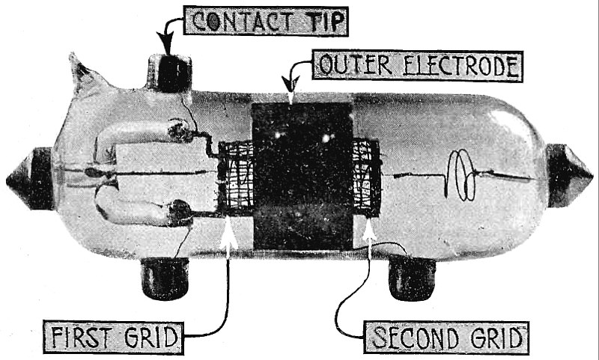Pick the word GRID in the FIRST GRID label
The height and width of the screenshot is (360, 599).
(x=154, y=338)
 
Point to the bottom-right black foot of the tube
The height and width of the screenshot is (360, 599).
(x=411, y=279)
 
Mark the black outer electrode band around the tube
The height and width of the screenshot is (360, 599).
(x=302, y=177)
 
